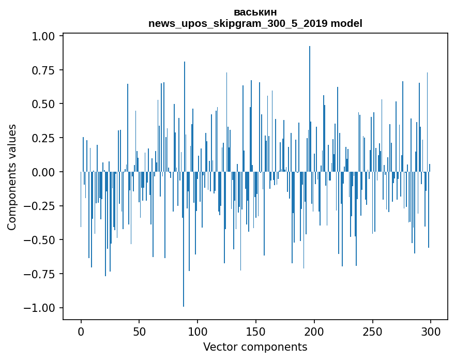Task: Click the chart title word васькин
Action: tap(255, 12)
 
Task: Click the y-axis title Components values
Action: tap(12, 177)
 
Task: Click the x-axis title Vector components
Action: tap(255, 347)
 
